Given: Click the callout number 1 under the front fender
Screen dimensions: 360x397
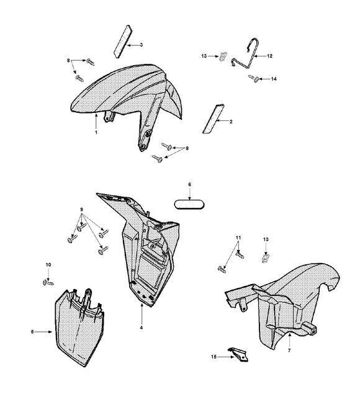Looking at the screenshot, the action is click(96, 132).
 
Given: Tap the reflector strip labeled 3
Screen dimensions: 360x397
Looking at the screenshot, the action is click(123, 42).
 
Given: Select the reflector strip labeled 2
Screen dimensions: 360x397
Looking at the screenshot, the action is click(214, 119).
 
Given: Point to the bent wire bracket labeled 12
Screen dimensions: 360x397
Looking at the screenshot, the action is click(246, 54).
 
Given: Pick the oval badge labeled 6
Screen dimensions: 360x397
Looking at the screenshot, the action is click(189, 205).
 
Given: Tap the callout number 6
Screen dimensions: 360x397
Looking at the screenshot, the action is click(190, 185).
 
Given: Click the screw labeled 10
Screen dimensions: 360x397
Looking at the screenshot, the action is click(48, 282).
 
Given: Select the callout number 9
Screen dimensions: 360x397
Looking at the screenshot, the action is click(81, 210).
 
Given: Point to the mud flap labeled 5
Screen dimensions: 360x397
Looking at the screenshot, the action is click(79, 328).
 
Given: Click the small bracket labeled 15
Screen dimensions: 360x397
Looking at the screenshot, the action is click(238, 354).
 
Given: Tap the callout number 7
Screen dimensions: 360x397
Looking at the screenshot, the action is click(289, 350).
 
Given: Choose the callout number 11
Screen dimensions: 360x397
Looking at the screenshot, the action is click(238, 238).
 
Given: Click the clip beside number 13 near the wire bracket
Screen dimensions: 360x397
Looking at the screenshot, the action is click(223, 56).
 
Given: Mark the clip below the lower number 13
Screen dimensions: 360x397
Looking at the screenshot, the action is click(265, 258).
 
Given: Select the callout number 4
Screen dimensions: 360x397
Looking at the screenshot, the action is click(142, 328).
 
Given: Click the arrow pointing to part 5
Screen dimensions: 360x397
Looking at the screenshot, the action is click(43, 332).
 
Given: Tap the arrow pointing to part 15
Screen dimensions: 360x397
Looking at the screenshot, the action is click(226, 357).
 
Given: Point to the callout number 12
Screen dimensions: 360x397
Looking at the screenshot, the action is click(269, 56).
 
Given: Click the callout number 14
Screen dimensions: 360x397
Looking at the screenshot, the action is click(274, 79).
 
